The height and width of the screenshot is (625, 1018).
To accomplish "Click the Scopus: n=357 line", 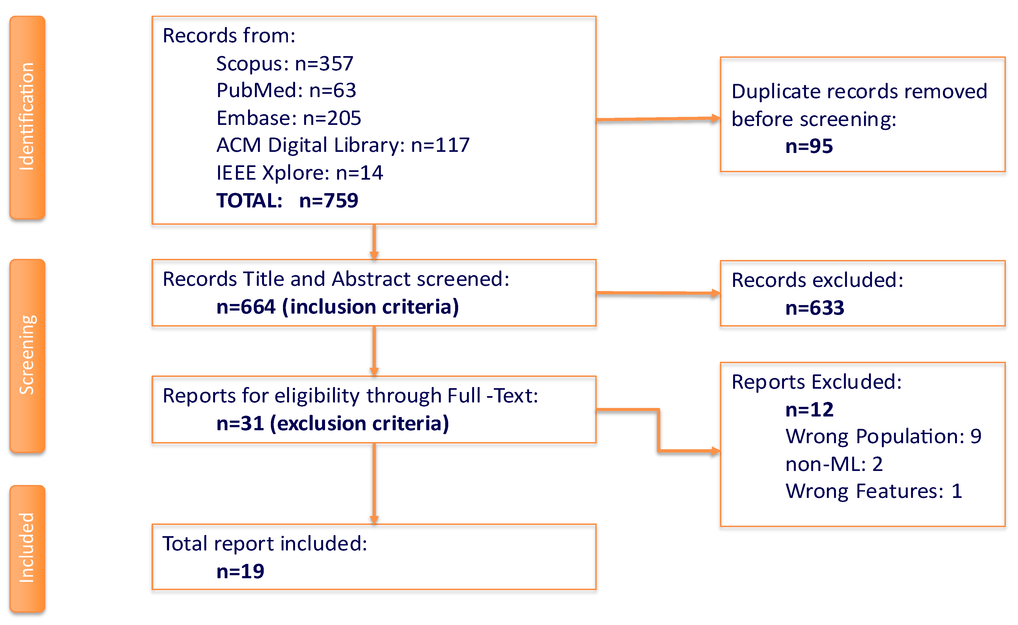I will pyautogui.click(x=285, y=64).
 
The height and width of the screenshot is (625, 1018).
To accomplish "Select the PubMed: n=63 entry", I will pyautogui.click(x=286, y=91).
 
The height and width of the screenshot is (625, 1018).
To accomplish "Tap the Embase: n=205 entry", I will pyautogui.click(x=288, y=118).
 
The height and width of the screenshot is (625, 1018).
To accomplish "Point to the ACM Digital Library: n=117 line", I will pyautogui.click(x=343, y=145).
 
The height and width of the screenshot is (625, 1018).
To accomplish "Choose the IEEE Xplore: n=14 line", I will pyautogui.click(x=299, y=173).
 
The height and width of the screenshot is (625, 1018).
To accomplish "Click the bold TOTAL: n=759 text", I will pyautogui.click(x=287, y=201).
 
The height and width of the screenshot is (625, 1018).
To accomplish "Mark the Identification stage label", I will pyautogui.click(x=27, y=117).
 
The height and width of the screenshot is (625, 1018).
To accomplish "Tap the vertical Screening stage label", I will pyautogui.click(x=27, y=355).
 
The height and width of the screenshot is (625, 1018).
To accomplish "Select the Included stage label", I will pyautogui.click(x=27, y=548).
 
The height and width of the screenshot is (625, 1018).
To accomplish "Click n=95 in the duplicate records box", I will pyautogui.click(x=808, y=146).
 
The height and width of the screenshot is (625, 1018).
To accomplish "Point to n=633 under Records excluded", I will pyautogui.click(x=814, y=308).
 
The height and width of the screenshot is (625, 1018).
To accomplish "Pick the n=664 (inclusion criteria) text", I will pyautogui.click(x=337, y=307).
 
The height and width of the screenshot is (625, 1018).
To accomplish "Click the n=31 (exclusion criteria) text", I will pyautogui.click(x=332, y=424).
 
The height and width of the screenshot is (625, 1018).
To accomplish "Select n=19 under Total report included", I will pyautogui.click(x=240, y=572).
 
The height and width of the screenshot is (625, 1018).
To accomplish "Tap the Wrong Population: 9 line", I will pyautogui.click(x=883, y=437).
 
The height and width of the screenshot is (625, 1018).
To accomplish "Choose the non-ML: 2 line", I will pyautogui.click(x=834, y=464).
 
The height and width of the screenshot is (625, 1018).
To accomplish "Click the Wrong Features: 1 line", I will pyautogui.click(x=873, y=492).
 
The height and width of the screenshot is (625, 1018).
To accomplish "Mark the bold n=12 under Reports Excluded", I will pyautogui.click(x=809, y=410).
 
